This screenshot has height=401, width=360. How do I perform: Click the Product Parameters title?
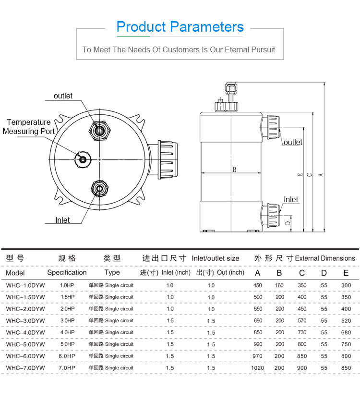pyautogui.click(x=180, y=27)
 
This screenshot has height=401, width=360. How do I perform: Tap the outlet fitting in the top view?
pyautogui.click(x=100, y=129)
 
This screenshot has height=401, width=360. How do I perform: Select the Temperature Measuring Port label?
pyautogui.click(x=28, y=127)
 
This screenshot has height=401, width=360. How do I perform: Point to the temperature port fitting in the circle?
pyautogui.click(x=83, y=159)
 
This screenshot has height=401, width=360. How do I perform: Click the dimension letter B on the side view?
pyautogui.click(x=234, y=170)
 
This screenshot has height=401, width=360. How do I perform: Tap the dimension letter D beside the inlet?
pyautogui.click(x=288, y=222)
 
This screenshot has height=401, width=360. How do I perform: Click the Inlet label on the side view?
pyautogui.click(x=291, y=200)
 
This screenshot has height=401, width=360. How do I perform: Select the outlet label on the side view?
pyautogui.click(x=293, y=142)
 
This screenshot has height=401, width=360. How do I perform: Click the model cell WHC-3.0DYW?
pyautogui.click(x=25, y=321)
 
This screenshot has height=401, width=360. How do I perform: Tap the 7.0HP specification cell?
pyautogui.click(x=67, y=368)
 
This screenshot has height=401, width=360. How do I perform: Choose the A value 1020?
pyautogui.click(x=258, y=368)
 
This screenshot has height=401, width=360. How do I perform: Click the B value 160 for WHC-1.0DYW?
pyautogui.click(x=280, y=285)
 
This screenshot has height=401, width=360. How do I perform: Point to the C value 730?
pyautogui.click(x=302, y=332)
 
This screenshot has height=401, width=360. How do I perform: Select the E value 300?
pyautogui.click(x=346, y=285)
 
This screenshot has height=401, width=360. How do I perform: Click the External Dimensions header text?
pyautogui.click(x=325, y=258)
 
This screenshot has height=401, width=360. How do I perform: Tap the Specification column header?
pyautogui.click(x=67, y=273)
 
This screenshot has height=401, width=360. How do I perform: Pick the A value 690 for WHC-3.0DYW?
pyautogui.click(x=258, y=321)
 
